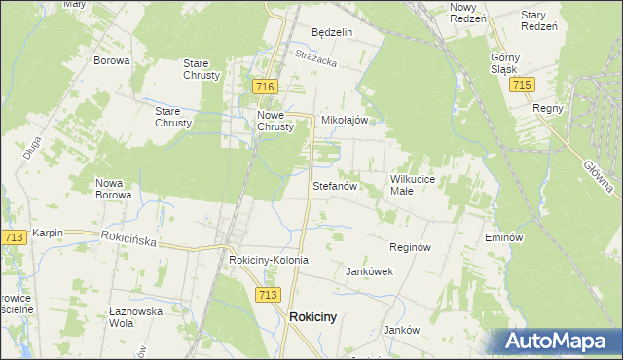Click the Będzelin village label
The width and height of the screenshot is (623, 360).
331,32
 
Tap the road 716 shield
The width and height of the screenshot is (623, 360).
263,88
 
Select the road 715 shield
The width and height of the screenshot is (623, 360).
521,86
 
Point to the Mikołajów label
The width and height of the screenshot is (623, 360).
344,121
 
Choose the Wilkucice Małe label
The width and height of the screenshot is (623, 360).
419,185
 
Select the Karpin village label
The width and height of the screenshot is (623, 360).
47,234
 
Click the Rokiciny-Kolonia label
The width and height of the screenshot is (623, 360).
268,261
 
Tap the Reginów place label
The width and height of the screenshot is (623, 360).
410,248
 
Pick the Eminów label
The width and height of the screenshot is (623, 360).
504,237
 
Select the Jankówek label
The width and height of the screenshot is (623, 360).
369,272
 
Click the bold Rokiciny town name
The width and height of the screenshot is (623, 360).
313,316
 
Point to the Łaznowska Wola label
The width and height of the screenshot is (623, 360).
133,317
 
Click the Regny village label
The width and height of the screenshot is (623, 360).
548,108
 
